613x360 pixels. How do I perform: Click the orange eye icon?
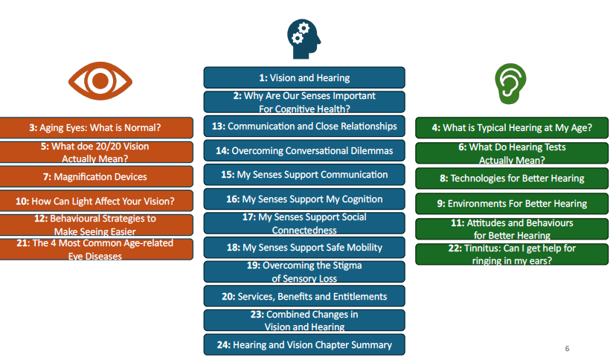(100, 81)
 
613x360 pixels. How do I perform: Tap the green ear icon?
(510, 84)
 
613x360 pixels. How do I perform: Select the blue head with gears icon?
(304, 39)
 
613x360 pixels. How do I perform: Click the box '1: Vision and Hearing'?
(304, 77)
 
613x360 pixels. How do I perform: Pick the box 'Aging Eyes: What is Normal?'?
(96, 127)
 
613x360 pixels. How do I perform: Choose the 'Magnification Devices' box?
(96, 177)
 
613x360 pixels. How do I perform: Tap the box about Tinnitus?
(512, 254)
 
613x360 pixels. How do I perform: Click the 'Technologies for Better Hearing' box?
(512, 179)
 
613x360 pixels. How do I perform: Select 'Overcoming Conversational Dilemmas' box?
(304, 150)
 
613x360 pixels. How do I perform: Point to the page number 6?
(567, 348)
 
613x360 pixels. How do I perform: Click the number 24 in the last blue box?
(223, 345)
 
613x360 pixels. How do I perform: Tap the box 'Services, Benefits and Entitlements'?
(304, 296)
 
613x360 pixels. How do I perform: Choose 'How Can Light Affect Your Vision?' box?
(96, 201)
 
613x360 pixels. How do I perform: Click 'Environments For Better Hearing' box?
(512, 203)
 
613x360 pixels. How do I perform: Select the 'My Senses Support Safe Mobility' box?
(304, 248)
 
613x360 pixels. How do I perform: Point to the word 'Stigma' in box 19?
(347, 266)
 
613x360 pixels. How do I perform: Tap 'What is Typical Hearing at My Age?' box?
(512, 127)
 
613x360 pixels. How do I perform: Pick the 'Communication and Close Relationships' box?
(304, 126)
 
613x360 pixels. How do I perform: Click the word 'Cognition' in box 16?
(362, 199)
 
